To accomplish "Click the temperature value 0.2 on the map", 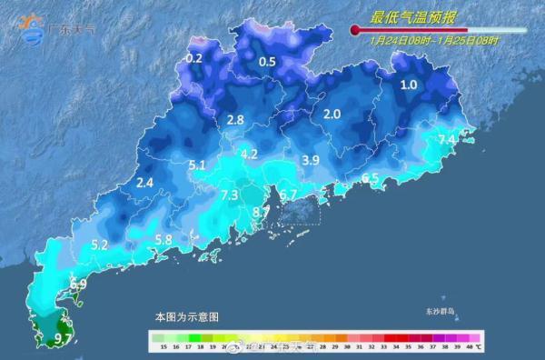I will click(x=193, y=58).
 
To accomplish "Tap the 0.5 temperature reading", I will click(x=267, y=62).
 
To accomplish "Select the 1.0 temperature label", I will click(x=409, y=85).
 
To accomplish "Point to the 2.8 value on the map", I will click(x=235, y=120).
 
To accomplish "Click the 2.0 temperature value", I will click(x=332, y=114).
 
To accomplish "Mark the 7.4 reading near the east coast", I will click(x=447, y=139).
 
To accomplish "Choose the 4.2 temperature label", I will click(x=249, y=154).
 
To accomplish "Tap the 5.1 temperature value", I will click(x=197, y=165).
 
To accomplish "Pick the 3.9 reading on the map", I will click(x=311, y=160).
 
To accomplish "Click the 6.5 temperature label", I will click(x=370, y=178).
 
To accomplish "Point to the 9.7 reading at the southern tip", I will click(x=64, y=339).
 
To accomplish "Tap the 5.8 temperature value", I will click(x=163, y=240).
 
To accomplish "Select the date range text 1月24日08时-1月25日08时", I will click(x=435, y=41).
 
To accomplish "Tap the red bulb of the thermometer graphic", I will click(x=355, y=30).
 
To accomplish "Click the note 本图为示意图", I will click(x=186, y=317).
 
